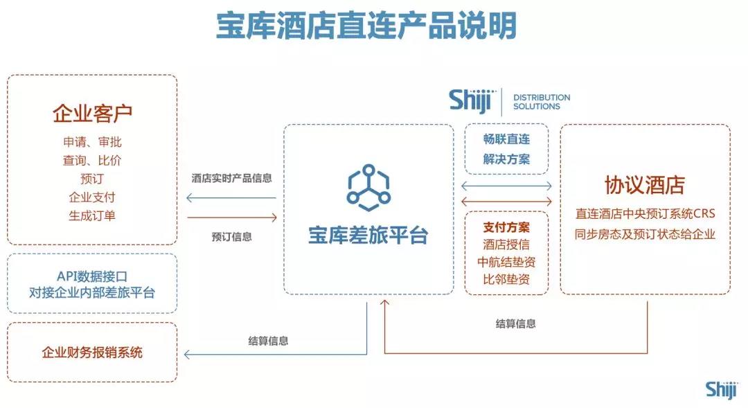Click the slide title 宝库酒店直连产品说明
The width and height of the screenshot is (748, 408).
pyautogui.click(x=366, y=26)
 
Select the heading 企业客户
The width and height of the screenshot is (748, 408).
pyautogui.click(x=92, y=113)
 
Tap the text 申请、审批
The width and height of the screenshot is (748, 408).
pyautogui.click(x=92, y=142)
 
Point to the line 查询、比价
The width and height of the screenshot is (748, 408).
pyautogui.click(x=92, y=160)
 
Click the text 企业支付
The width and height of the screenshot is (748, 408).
pyautogui.click(x=92, y=197)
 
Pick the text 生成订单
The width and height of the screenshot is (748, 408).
pyautogui.click(x=92, y=215)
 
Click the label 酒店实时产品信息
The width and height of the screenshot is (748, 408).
pyautogui.click(x=232, y=179)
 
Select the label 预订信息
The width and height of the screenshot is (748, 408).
pyautogui.click(x=232, y=237)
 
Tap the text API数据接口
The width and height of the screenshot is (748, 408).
pyautogui.click(x=92, y=276)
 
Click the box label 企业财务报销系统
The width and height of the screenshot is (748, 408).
pyautogui.click(x=92, y=353)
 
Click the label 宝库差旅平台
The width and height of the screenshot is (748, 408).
pyautogui.click(x=368, y=236)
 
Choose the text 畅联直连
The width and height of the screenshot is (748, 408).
pyautogui.click(x=506, y=139)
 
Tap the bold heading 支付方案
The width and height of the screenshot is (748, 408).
pyautogui.click(x=506, y=227)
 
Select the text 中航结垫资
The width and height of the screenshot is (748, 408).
pyautogui.click(x=506, y=262)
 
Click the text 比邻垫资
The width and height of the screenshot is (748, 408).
pyautogui.click(x=506, y=279)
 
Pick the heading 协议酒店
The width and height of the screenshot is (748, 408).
pyautogui.click(x=645, y=185)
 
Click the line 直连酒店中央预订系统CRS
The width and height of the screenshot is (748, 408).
pyautogui.click(x=645, y=214)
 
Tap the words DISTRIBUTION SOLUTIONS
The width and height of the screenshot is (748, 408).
pyautogui.click(x=542, y=102)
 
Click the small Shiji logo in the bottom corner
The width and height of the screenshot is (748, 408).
pyautogui.click(x=721, y=390)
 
